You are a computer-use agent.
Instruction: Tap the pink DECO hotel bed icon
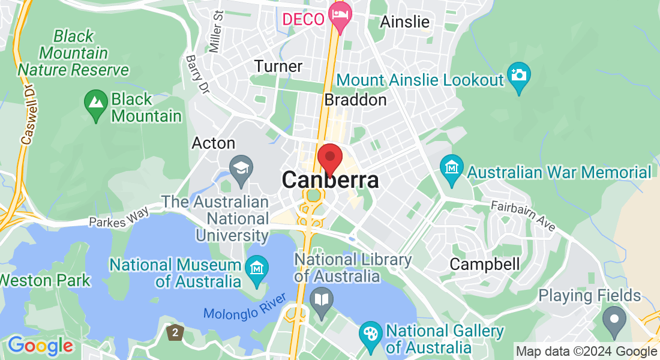341,17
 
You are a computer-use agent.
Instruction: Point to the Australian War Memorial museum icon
451,169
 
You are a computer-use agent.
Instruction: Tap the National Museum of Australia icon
256,268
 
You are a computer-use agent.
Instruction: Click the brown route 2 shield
175,331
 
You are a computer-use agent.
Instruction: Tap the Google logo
40,346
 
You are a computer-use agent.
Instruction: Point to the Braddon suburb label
355,100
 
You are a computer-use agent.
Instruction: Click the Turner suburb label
278,66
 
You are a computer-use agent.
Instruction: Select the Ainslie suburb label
405,22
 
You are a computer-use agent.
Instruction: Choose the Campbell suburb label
485,264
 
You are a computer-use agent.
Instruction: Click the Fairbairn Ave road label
523,214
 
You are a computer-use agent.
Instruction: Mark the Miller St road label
216,31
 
